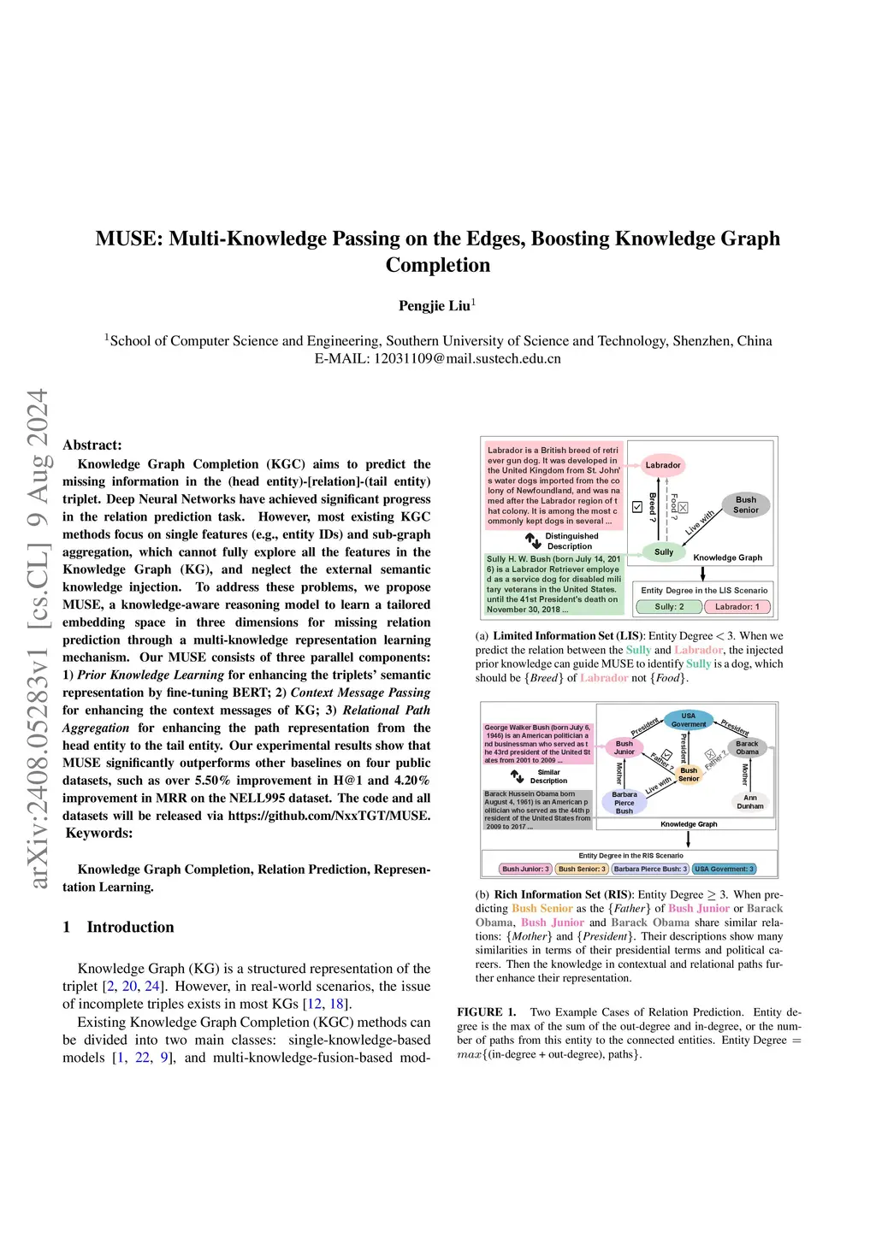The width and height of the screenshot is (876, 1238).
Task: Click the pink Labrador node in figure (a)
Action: point(663,465)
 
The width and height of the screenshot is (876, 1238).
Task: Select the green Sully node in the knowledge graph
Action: point(664,552)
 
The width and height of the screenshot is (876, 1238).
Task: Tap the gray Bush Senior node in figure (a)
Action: point(746,505)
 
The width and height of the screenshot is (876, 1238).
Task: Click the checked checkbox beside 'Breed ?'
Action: point(637,507)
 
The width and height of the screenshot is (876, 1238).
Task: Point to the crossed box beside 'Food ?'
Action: point(683,508)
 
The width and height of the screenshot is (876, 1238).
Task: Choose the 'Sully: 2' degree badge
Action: point(669,607)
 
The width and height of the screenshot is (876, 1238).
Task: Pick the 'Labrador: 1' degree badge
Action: point(737,607)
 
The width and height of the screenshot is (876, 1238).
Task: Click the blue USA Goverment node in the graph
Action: point(689,720)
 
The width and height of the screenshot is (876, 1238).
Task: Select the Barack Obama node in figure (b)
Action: point(747,748)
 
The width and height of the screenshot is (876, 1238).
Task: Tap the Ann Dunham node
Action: point(750,802)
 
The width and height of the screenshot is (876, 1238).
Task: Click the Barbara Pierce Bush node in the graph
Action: point(624,803)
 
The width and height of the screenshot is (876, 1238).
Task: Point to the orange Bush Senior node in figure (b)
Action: point(689,775)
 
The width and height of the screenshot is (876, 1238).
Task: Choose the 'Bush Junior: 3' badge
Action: point(525,870)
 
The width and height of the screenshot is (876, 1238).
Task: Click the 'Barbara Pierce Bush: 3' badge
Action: point(650,870)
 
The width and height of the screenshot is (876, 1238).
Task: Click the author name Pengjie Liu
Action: point(435,306)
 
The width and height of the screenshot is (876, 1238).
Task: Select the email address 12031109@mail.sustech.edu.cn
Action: point(467,359)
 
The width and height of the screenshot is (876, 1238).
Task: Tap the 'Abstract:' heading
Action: point(92,445)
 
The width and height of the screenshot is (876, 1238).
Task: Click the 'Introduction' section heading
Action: point(130,928)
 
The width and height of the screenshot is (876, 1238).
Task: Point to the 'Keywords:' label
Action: point(99,834)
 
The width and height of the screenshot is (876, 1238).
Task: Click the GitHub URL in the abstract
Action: point(329,816)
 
